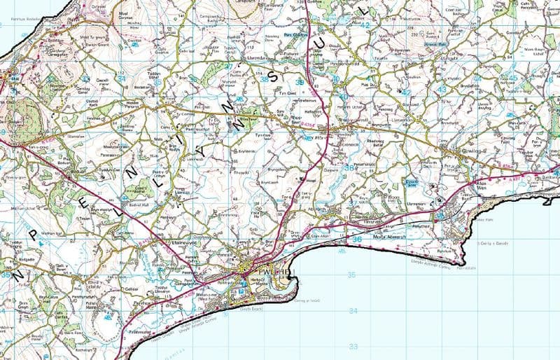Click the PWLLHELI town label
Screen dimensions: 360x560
pyautogui.click(x=276, y=270)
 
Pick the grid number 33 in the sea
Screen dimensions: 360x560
pyautogui.click(x=353, y=345)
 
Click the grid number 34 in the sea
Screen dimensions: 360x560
pyautogui.click(x=353, y=310)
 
